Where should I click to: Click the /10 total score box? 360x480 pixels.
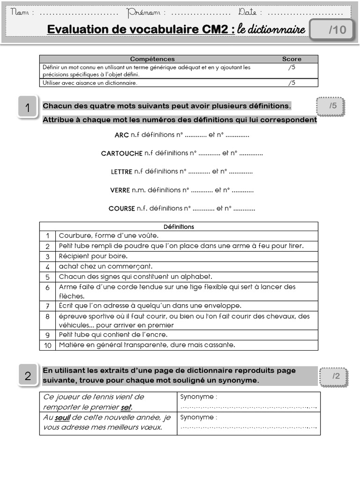(x=337, y=30)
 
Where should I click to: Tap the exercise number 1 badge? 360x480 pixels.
(x=28, y=108)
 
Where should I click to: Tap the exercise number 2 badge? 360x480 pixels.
(x=28, y=375)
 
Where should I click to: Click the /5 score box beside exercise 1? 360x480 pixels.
(x=332, y=106)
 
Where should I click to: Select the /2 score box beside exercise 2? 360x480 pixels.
(x=336, y=376)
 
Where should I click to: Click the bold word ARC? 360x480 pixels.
(x=121, y=135)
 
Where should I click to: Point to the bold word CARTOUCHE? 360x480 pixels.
(x=121, y=153)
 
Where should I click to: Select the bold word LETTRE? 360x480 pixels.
(x=121, y=172)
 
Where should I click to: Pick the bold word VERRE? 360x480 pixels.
(x=119, y=190)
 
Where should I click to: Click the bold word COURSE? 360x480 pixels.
(x=121, y=209)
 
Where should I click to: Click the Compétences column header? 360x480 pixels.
(x=152, y=59)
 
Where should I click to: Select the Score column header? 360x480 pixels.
(x=292, y=59)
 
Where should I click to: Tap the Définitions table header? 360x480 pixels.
(x=179, y=226)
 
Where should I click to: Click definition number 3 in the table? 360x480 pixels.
(x=48, y=256)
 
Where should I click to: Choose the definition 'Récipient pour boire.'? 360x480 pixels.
(x=93, y=256)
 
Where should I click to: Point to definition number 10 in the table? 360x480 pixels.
(x=48, y=345)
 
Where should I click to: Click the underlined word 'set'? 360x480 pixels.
(x=126, y=407)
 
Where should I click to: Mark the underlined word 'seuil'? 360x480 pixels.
(x=62, y=417)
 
